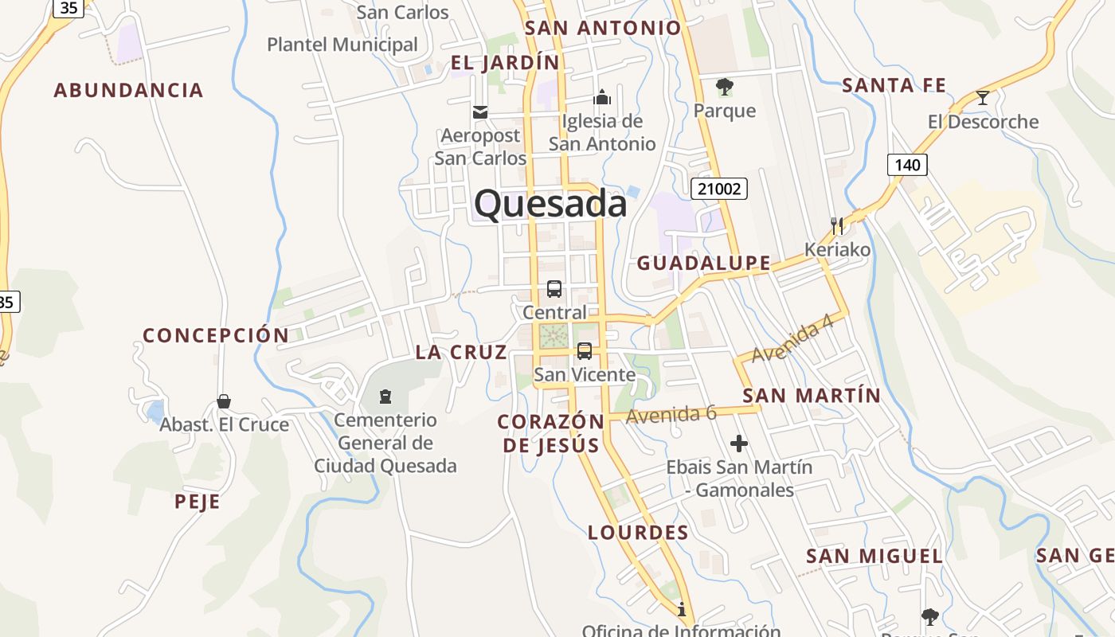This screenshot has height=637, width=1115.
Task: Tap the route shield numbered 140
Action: tap(907, 165)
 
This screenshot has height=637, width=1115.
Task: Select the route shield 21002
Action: tap(718, 189)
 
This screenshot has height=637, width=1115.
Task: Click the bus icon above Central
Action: tap(554, 289)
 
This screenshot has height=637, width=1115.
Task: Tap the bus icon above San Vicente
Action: tap(585, 351)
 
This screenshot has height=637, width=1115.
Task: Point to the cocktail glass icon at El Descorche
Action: tap(983, 98)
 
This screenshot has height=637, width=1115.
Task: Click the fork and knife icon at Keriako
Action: tap(836, 225)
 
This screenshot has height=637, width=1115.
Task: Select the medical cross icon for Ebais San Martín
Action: tap(739, 444)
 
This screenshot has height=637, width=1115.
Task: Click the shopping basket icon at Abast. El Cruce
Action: tap(224, 401)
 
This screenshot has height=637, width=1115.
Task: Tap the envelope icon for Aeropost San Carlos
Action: tap(480, 112)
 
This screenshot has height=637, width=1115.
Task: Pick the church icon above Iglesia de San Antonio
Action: tap(602, 97)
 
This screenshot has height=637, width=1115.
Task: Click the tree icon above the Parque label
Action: tap(724, 86)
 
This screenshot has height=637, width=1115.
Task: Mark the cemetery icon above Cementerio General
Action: tap(385, 396)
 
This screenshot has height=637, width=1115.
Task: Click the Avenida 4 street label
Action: tap(792, 339)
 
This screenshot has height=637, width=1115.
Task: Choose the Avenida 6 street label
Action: tap(671, 414)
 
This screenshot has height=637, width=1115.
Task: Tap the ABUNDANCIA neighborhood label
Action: tap(128, 90)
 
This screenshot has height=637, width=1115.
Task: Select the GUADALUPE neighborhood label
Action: tap(704, 263)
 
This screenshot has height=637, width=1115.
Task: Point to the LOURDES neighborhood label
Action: tap(638, 533)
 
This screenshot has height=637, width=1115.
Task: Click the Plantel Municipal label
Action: tap(342, 45)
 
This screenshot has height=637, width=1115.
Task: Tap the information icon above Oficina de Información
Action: tap(682, 610)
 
